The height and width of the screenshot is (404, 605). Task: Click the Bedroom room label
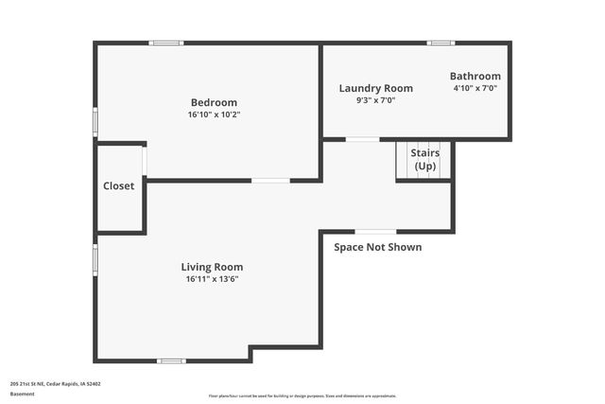point(214,102)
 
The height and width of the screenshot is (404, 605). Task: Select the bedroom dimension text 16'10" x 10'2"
point(214,114)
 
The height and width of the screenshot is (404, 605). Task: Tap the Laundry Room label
point(375,88)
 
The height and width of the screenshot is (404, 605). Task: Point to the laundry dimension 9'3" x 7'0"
point(375,99)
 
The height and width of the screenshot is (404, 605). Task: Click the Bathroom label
point(475,77)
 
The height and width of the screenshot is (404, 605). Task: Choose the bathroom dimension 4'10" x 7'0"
point(475,88)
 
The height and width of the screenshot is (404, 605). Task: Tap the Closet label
point(119,186)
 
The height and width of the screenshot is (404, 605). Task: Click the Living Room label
point(212,267)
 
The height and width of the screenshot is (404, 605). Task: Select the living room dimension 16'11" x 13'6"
point(212,279)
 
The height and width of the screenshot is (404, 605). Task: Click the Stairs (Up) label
point(423,159)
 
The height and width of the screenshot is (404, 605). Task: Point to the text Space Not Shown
point(377,248)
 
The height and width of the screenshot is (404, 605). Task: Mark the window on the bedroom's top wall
point(166,43)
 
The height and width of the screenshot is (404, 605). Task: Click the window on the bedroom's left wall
point(95,122)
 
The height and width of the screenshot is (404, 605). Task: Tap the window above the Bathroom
point(441,43)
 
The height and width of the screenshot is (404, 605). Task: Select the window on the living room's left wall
point(95,259)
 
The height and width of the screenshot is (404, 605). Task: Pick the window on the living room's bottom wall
point(171,360)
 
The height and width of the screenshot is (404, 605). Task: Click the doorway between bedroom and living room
point(270,180)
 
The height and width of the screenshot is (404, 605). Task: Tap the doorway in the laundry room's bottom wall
point(362,140)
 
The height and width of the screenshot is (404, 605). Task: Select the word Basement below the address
point(23,394)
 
